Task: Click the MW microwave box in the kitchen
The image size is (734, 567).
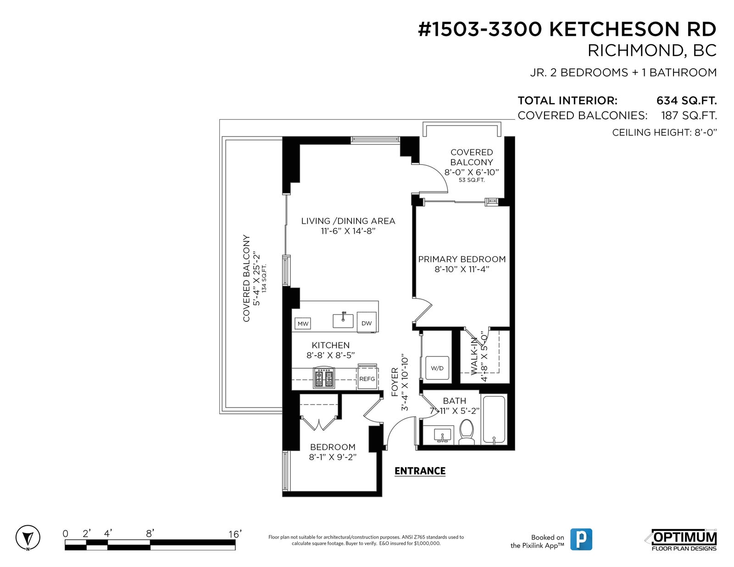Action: click(x=303, y=324)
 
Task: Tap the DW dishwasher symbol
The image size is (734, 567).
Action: click(x=367, y=322)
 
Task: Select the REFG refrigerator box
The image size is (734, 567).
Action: click(x=367, y=379)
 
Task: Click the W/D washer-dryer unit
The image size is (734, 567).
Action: click(x=437, y=368)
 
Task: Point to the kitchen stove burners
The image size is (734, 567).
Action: click(x=324, y=378)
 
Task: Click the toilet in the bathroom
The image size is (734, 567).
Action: click(x=467, y=432)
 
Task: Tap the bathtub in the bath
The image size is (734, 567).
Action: click(x=494, y=419)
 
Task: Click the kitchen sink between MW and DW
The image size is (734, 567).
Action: click(x=343, y=320)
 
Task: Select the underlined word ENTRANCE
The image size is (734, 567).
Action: click(x=420, y=471)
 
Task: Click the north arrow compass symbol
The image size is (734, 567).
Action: click(x=28, y=537)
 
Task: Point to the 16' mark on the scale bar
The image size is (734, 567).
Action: click(x=235, y=534)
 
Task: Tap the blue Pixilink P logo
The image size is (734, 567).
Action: click(x=581, y=539)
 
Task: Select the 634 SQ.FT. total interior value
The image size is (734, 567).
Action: click(x=686, y=100)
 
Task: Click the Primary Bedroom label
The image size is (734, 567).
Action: click(x=462, y=259)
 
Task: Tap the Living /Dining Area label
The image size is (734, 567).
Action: click(x=348, y=221)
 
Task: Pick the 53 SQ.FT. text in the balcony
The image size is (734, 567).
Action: click(x=472, y=180)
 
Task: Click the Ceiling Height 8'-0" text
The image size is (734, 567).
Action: click(x=664, y=132)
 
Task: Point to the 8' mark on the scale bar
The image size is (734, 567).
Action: click(x=150, y=534)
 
